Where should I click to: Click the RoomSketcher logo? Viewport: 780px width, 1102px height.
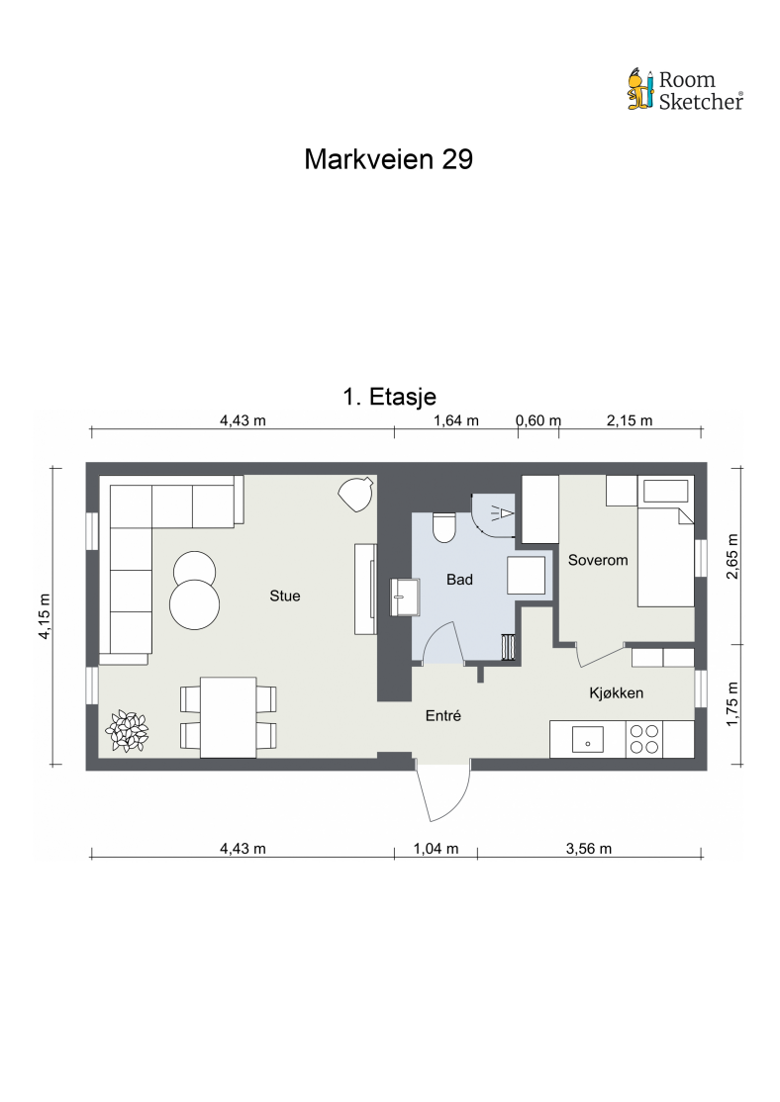685,89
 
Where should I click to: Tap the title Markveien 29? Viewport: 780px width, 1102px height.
388,159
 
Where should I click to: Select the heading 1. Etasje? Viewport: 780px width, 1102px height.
389,397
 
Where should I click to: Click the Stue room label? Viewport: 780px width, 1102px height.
285,596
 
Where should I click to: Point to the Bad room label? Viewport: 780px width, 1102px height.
459,580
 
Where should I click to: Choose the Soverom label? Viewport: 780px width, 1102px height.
598,560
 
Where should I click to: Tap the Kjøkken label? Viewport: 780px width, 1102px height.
616,693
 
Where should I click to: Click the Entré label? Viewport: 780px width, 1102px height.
443,715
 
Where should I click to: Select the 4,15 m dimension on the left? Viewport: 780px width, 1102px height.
45,616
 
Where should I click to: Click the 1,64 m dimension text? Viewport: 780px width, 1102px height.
455,420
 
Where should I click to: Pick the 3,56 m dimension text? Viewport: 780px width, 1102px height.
589,849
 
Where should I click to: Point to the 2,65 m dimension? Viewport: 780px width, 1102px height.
732,556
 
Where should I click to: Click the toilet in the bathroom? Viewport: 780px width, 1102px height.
443,528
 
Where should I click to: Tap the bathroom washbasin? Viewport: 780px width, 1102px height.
405,597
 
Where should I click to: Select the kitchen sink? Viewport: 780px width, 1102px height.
588,739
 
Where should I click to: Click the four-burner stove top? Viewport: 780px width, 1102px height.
644,739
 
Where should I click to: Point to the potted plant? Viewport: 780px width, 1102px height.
127,732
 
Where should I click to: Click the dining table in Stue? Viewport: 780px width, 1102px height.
229,717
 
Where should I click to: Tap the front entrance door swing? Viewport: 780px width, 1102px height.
443,792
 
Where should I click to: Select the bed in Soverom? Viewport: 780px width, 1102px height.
665,541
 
